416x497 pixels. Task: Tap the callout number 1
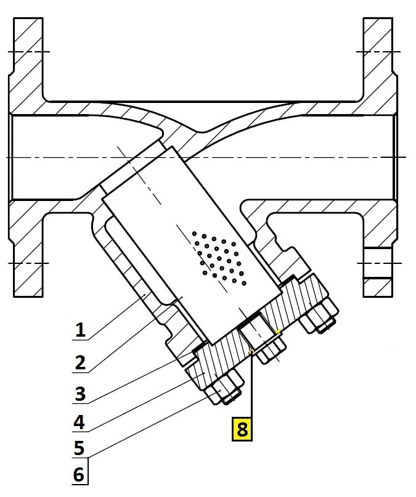pyautogui.click(x=80, y=330)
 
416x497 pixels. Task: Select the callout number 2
pyautogui.click(x=80, y=362)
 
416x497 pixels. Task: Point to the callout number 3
pyautogui.click(x=80, y=393)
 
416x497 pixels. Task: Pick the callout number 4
pyautogui.click(x=80, y=423)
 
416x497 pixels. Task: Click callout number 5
pyautogui.click(x=80, y=448)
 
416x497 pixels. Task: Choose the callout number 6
pyautogui.click(x=80, y=475)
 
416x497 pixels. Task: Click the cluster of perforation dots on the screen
pyautogui.click(x=219, y=258)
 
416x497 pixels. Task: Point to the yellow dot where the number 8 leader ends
pyautogui.click(x=251, y=352)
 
